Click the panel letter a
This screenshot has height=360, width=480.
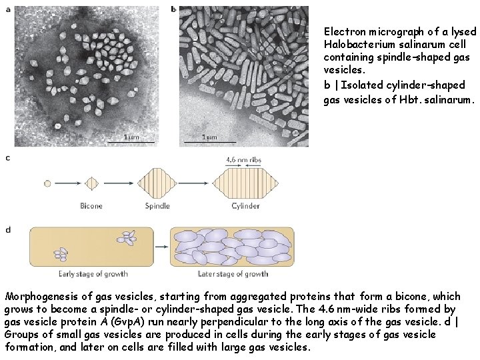point(8,9)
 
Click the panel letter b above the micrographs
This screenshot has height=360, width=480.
point(174,9)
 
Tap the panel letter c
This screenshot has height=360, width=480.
point(8,158)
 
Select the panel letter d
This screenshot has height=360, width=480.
point(8,230)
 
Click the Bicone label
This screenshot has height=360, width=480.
point(91,206)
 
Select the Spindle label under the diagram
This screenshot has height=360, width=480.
point(157,206)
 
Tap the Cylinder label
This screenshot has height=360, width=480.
point(245,206)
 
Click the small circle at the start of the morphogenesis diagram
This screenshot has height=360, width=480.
point(47,183)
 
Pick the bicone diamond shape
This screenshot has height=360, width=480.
point(91,183)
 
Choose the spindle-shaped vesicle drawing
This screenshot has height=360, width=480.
point(157,183)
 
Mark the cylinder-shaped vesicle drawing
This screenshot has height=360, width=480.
point(245,183)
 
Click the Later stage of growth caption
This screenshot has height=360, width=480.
point(233,274)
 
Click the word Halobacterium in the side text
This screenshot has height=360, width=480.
point(357,44)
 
